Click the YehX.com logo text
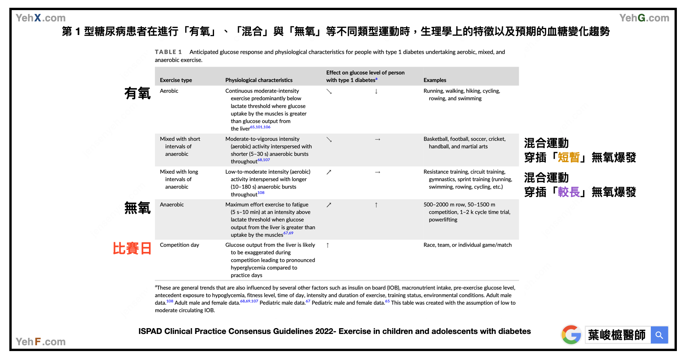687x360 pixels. pyautogui.click(x=40, y=18)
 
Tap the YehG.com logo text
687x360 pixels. pyautogui.click(x=644, y=18)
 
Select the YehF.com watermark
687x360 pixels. pyautogui.click(x=40, y=342)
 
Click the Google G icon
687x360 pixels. pyautogui.click(x=571, y=335)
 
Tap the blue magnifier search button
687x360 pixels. pyautogui.click(x=659, y=335)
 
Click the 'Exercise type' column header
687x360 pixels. pyautogui.click(x=176, y=80)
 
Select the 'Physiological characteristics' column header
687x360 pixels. pyautogui.click(x=259, y=80)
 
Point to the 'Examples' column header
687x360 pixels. pyautogui.click(x=435, y=80)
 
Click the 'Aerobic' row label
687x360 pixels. pyautogui.click(x=169, y=91)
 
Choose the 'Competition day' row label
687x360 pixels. pyautogui.click(x=179, y=245)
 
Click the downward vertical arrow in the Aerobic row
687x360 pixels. pyautogui.click(x=376, y=91)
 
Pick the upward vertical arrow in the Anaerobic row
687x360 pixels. pyautogui.click(x=376, y=205)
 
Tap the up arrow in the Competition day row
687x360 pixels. pyautogui.click(x=328, y=245)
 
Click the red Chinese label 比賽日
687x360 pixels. pyautogui.click(x=132, y=248)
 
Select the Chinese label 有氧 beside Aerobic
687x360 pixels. pyautogui.click(x=137, y=93)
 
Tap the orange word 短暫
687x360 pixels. pyautogui.click(x=568, y=157)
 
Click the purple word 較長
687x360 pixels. pyautogui.click(x=568, y=192)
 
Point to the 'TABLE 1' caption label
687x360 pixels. pyautogui.click(x=168, y=52)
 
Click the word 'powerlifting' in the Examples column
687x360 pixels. pyautogui.click(x=443, y=220)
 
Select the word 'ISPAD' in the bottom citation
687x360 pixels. pyautogui.click(x=150, y=331)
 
